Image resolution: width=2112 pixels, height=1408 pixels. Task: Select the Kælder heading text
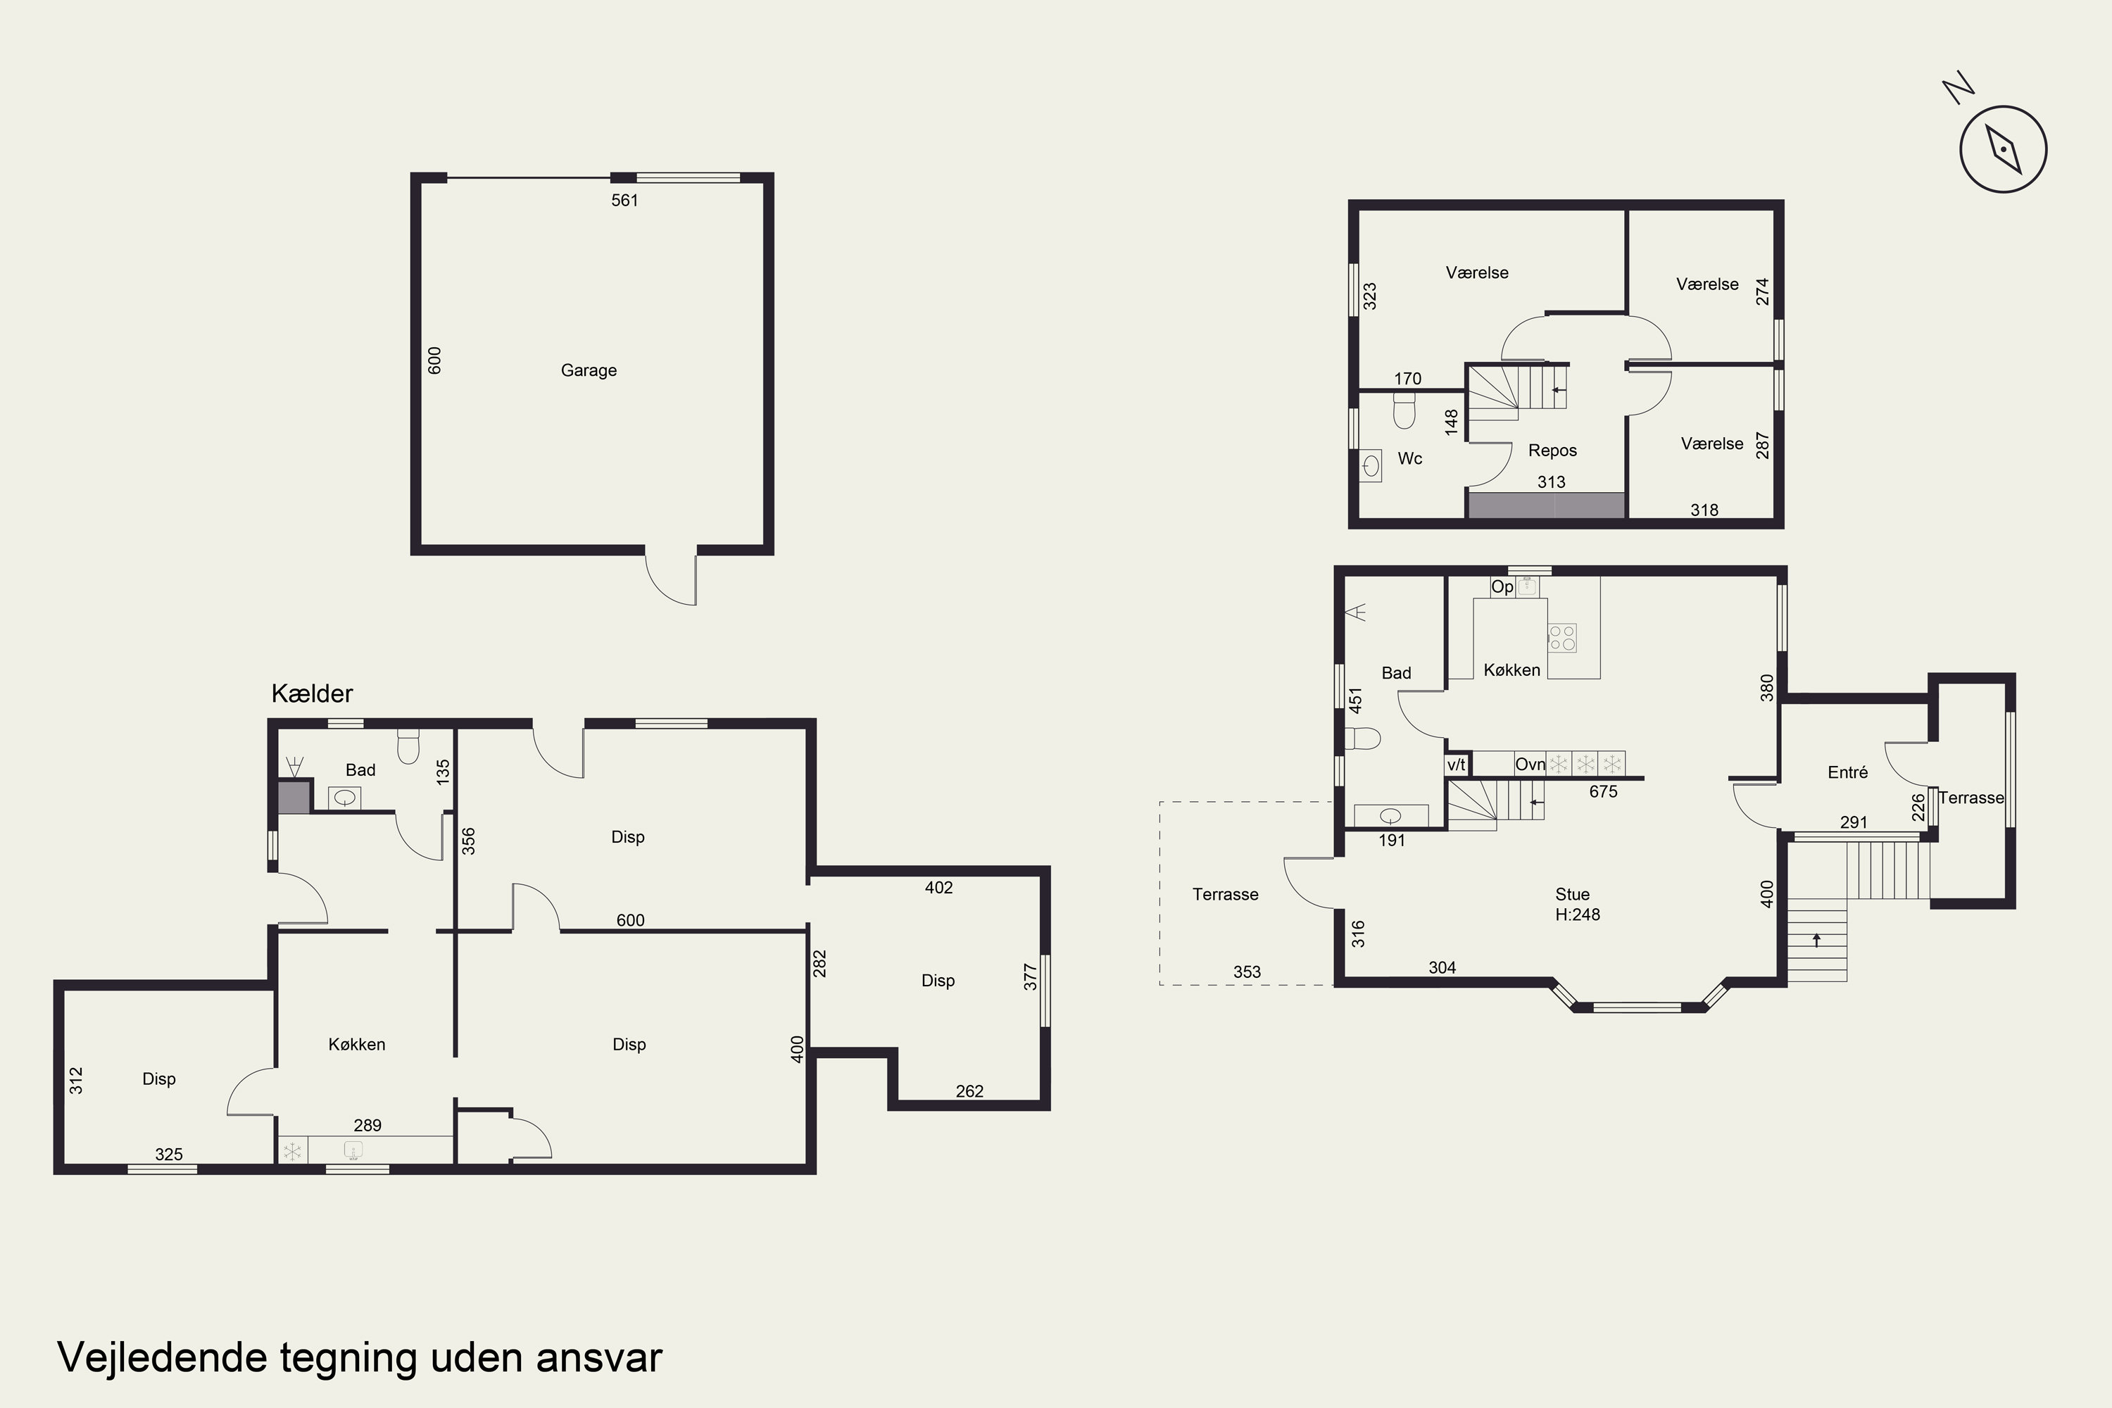(312, 693)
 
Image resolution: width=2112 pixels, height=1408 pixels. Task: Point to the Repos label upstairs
(1552, 451)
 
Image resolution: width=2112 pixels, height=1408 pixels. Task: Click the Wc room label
(1410, 459)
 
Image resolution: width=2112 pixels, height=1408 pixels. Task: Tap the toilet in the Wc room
(1404, 414)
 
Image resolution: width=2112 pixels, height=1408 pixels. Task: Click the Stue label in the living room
(1572, 894)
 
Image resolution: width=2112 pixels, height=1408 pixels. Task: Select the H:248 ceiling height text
(1578, 914)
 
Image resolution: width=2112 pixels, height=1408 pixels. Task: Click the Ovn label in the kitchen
(1530, 764)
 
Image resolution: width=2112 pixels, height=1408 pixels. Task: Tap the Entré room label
(1848, 772)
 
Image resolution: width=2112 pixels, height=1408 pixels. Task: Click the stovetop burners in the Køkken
(1561, 638)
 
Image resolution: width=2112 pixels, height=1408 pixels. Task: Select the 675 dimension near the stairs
(1603, 791)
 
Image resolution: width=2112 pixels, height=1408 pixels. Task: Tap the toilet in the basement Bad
(408, 746)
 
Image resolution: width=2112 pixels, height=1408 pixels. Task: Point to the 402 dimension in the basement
(938, 887)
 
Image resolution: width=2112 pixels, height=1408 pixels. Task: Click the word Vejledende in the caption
(163, 1358)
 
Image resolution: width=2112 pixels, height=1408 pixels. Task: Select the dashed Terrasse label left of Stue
(1225, 894)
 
